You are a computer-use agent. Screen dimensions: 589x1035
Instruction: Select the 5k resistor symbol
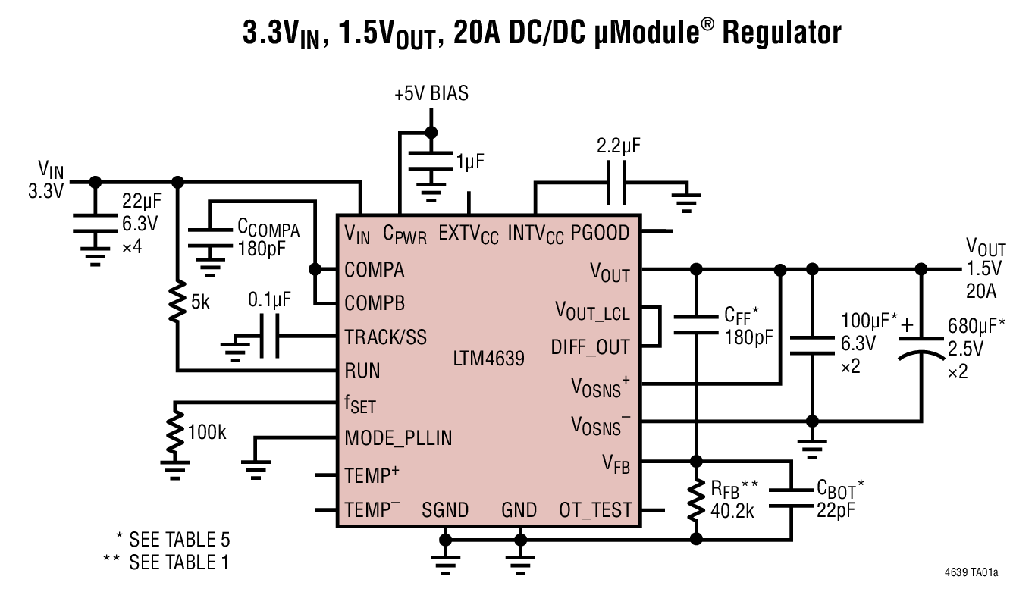[x=177, y=302]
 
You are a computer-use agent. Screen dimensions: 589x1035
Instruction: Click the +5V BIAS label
[x=431, y=94]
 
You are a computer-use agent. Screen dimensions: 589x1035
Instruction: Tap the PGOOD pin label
[x=600, y=231]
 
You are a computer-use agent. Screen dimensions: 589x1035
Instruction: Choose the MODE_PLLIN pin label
[x=398, y=438]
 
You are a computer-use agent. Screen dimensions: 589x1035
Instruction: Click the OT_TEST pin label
[x=595, y=510]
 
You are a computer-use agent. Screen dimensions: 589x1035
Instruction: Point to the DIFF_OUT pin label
[x=590, y=347]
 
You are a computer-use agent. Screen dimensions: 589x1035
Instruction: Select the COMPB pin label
[x=375, y=303]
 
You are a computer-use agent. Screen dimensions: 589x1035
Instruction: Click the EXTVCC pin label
[x=469, y=233]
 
